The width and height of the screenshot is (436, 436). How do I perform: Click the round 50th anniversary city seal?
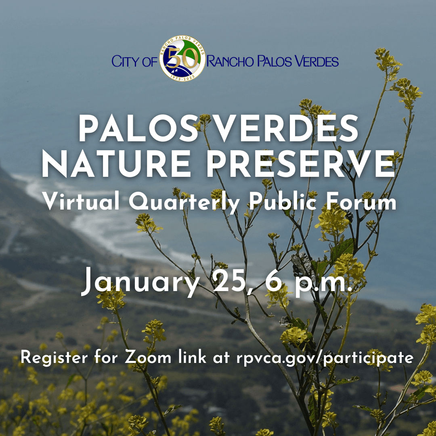click(x=182, y=61)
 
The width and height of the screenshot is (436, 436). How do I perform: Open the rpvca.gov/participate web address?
click(x=325, y=358)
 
